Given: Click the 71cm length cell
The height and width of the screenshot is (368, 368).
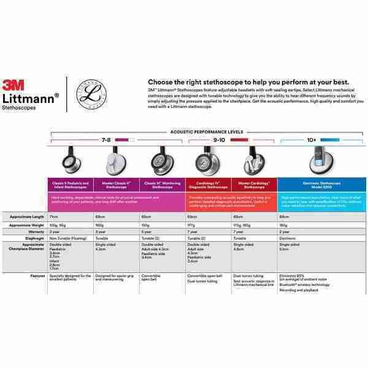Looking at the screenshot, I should point(54,217).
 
